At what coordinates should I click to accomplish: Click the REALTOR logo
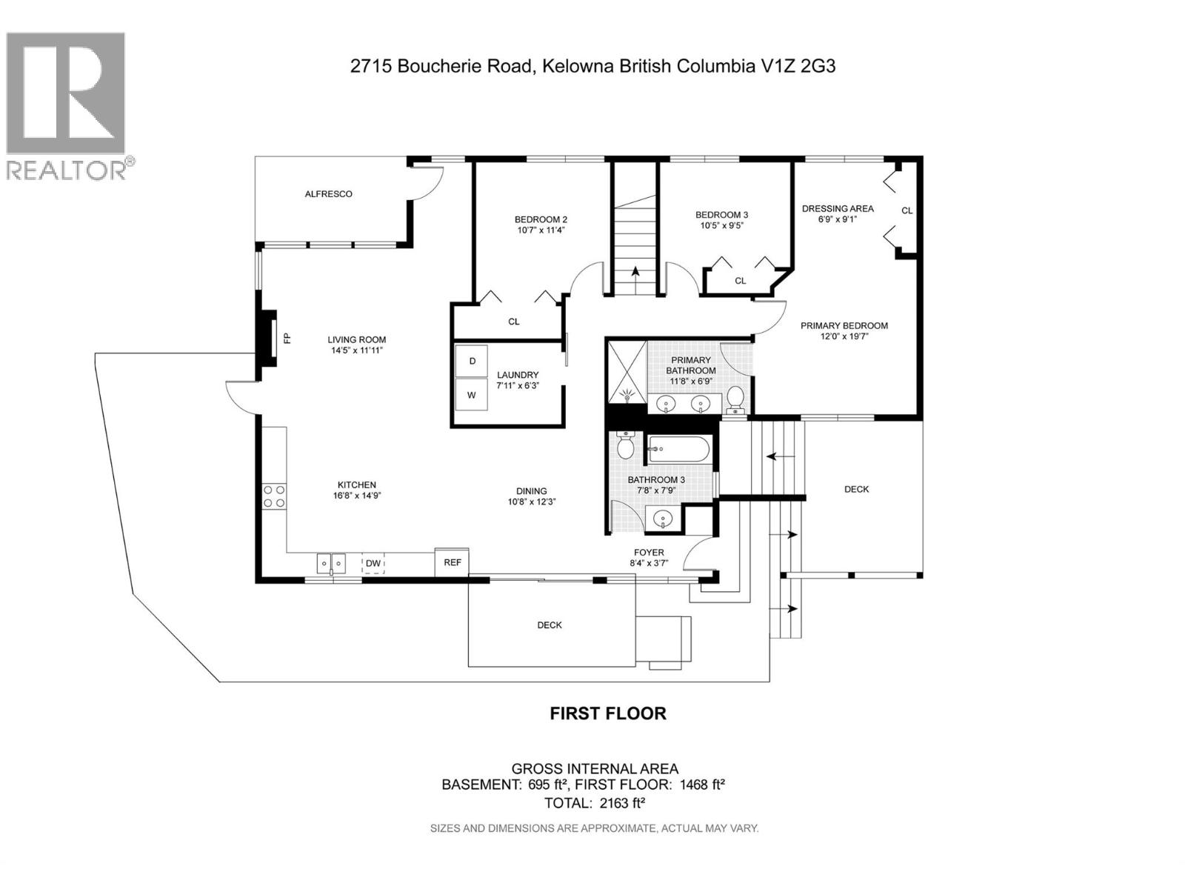coord(67,104)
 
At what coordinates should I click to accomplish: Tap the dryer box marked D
coord(472,361)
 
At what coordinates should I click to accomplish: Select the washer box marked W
coord(472,396)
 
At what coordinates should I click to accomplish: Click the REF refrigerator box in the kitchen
coord(453,562)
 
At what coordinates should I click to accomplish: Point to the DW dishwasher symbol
coord(373,564)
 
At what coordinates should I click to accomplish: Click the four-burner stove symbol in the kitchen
coord(273,496)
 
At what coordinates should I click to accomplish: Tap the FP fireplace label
coord(287,339)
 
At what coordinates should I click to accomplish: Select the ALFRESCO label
coord(329,194)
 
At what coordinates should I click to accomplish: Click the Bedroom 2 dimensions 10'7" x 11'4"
coord(541,230)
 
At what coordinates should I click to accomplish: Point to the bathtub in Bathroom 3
coord(679,449)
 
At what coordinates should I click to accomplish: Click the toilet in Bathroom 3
coord(626,446)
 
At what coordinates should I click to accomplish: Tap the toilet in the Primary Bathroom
coord(735,399)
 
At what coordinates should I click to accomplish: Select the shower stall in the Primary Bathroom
coord(627,372)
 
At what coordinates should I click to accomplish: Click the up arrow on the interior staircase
coord(635,273)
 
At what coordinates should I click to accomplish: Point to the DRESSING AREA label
coord(838,209)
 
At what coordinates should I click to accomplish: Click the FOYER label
coord(649,553)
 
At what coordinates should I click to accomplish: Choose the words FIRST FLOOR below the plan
coord(607,713)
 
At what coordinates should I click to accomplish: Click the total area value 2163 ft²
coord(619,803)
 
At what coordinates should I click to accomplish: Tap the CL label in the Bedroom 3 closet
coord(741,281)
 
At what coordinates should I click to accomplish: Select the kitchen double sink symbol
coord(331,564)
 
